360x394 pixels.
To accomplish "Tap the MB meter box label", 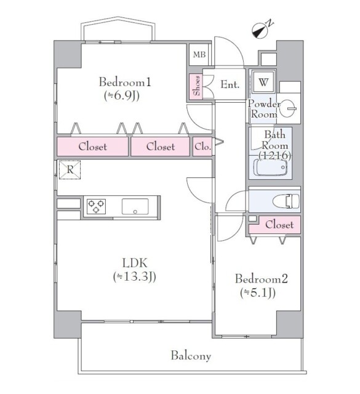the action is pyautogui.click(x=199, y=54).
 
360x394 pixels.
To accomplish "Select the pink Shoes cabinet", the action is pyautogui.click(x=196, y=86).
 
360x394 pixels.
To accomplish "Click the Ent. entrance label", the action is pyautogui.click(x=230, y=84).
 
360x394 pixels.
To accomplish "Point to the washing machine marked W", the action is pyautogui.click(x=263, y=82).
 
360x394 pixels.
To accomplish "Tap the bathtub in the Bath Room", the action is pyautogui.click(x=270, y=167).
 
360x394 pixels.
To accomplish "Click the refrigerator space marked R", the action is pyautogui.click(x=70, y=170).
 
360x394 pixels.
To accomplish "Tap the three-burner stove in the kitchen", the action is pyautogui.click(x=96, y=206).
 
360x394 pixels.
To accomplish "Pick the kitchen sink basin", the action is pyautogui.click(x=135, y=206).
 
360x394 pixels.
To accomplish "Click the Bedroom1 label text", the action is pyautogui.click(x=125, y=82).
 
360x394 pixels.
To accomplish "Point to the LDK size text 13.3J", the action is pyautogui.click(x=134, y=276).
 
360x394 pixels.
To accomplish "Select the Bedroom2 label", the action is pyautogui.click(x=262, y=279).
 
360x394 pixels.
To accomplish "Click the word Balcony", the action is pyautogui.click(x=191, y=356).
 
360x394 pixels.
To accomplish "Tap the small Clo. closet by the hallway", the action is pyautogui.click(x=202, y=147).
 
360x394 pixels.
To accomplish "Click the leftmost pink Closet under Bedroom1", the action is pyautogui.click(x=92, y=147).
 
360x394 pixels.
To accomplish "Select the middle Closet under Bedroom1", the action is pyautogui.click(x=160, y=147).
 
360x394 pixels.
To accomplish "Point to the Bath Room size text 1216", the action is pyautogui.click(x=275, y=156).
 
